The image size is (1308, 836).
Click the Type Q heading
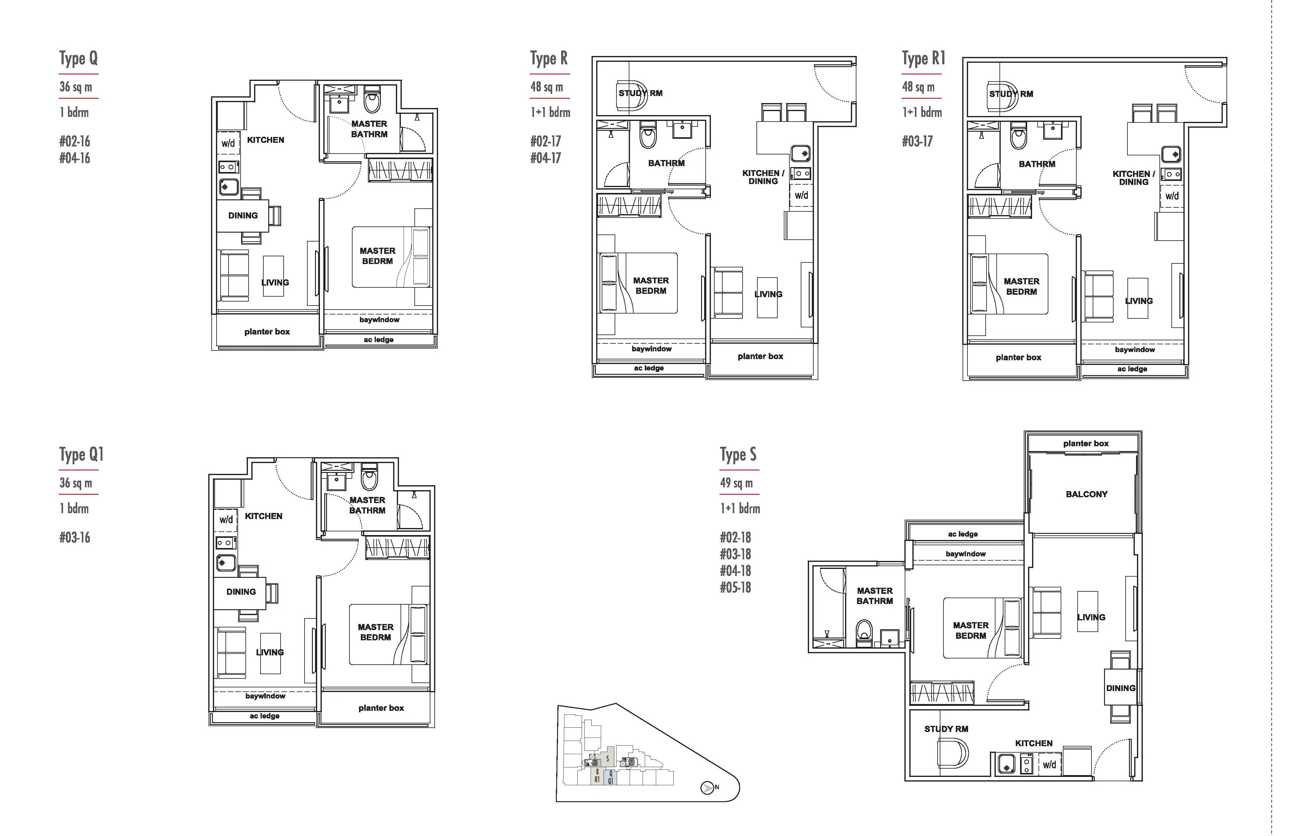point(79,58)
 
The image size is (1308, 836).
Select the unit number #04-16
point(75,158)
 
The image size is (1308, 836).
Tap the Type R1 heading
point(923,58)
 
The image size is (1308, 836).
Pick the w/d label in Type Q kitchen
point(228,143)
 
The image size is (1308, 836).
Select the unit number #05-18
point(736,587)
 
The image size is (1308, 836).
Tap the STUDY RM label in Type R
point(640,93)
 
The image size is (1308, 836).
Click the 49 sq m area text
point(736,483)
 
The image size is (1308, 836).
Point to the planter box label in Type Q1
point(381,708)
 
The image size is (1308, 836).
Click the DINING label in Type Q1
point(241,592)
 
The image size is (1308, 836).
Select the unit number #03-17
point(917,141)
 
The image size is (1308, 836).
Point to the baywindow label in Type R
point(652,349)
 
